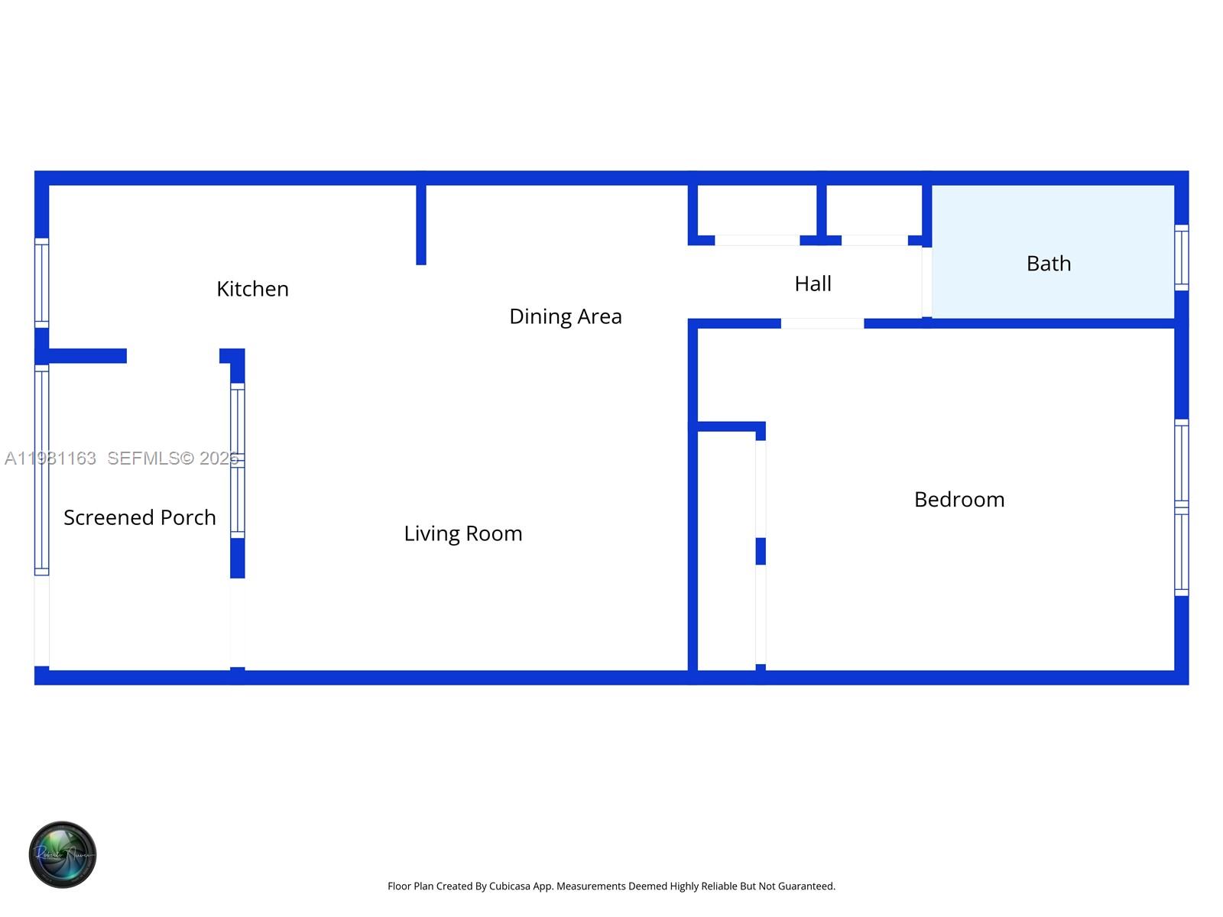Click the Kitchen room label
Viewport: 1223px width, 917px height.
252,289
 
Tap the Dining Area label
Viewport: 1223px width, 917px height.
565,316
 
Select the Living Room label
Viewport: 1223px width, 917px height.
462,533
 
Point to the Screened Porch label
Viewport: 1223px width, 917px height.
139,517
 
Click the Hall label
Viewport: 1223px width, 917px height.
813,284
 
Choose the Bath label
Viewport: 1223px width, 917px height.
1048,264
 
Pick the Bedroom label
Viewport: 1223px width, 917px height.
959,500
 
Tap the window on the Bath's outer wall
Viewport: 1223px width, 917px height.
1181,258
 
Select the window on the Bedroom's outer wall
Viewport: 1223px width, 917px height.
1181,507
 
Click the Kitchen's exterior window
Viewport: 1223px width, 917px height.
42,283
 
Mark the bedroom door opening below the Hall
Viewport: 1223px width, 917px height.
822,323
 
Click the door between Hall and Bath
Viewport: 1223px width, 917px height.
926,281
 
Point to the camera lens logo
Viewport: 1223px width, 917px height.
63,854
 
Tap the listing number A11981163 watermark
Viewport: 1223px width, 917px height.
50,458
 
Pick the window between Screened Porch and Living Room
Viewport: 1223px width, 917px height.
238,461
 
